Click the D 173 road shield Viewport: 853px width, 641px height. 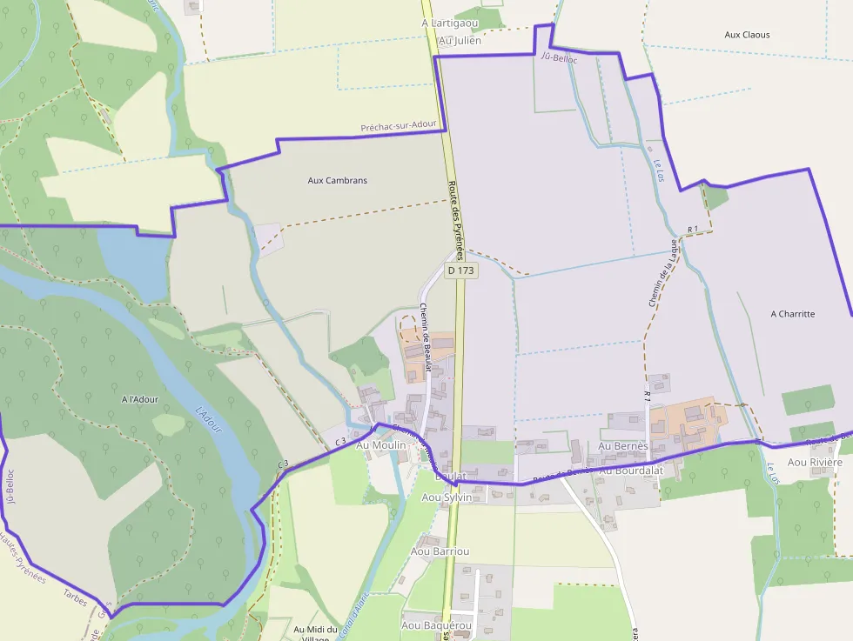coord(460,270)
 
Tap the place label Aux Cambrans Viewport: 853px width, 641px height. coord(338,181)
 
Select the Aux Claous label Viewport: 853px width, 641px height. coord(747,35)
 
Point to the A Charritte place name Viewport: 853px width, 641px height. coord(793,314)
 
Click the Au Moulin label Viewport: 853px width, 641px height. coord(381,445)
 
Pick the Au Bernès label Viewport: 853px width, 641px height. coord(623,446)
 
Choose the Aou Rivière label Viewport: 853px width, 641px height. coord(815,463)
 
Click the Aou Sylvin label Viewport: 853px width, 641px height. coord(447,497)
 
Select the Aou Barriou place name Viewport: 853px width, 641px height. coord(440,551)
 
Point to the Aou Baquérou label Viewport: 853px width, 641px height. coord(436,625)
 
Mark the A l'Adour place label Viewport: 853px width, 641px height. coord(140,399)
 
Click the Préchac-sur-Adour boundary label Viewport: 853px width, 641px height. coord(399,127)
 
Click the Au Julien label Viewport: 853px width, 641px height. coord(460,40)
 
